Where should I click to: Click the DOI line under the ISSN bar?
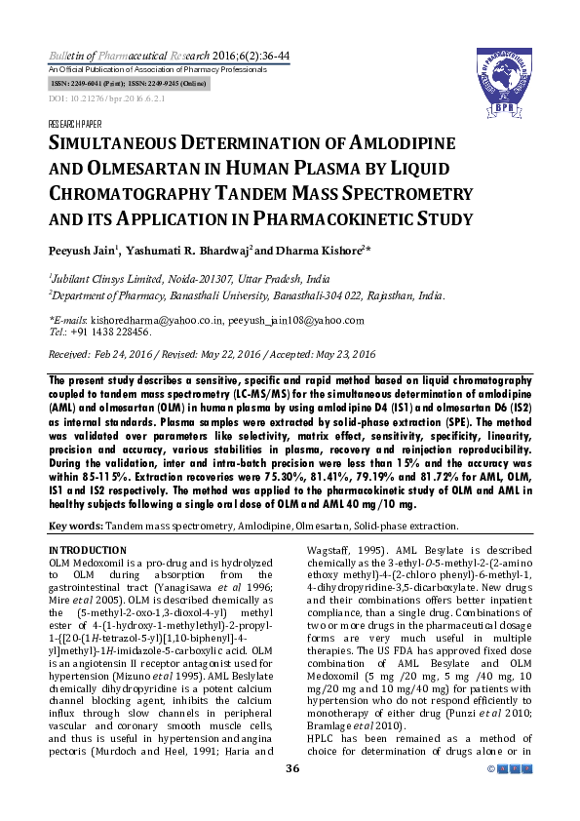(94, 99)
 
